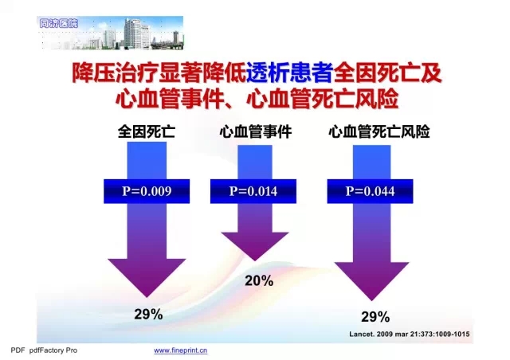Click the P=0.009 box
click(147, 191)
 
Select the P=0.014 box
click(253, 191)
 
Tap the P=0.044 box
click(370, 191)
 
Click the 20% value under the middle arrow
click(259, 280)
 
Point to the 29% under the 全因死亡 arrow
click(148, 315)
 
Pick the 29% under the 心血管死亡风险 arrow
click(375, 317)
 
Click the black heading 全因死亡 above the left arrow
click(147, 131)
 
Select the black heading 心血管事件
click(256, 131)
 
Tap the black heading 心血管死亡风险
click(379, 131)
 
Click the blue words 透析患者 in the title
click(289, 72)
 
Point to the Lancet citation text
click(409, 334)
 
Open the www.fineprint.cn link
click(181, 350)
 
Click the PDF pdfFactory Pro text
click(44, 350)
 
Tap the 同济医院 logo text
click(58, 23)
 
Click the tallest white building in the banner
click(136, 33)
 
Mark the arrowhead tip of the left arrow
click(147, 297)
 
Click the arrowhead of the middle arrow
click(255, 246)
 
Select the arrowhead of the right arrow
click(372, 281)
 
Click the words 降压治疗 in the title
click(115, 72)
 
